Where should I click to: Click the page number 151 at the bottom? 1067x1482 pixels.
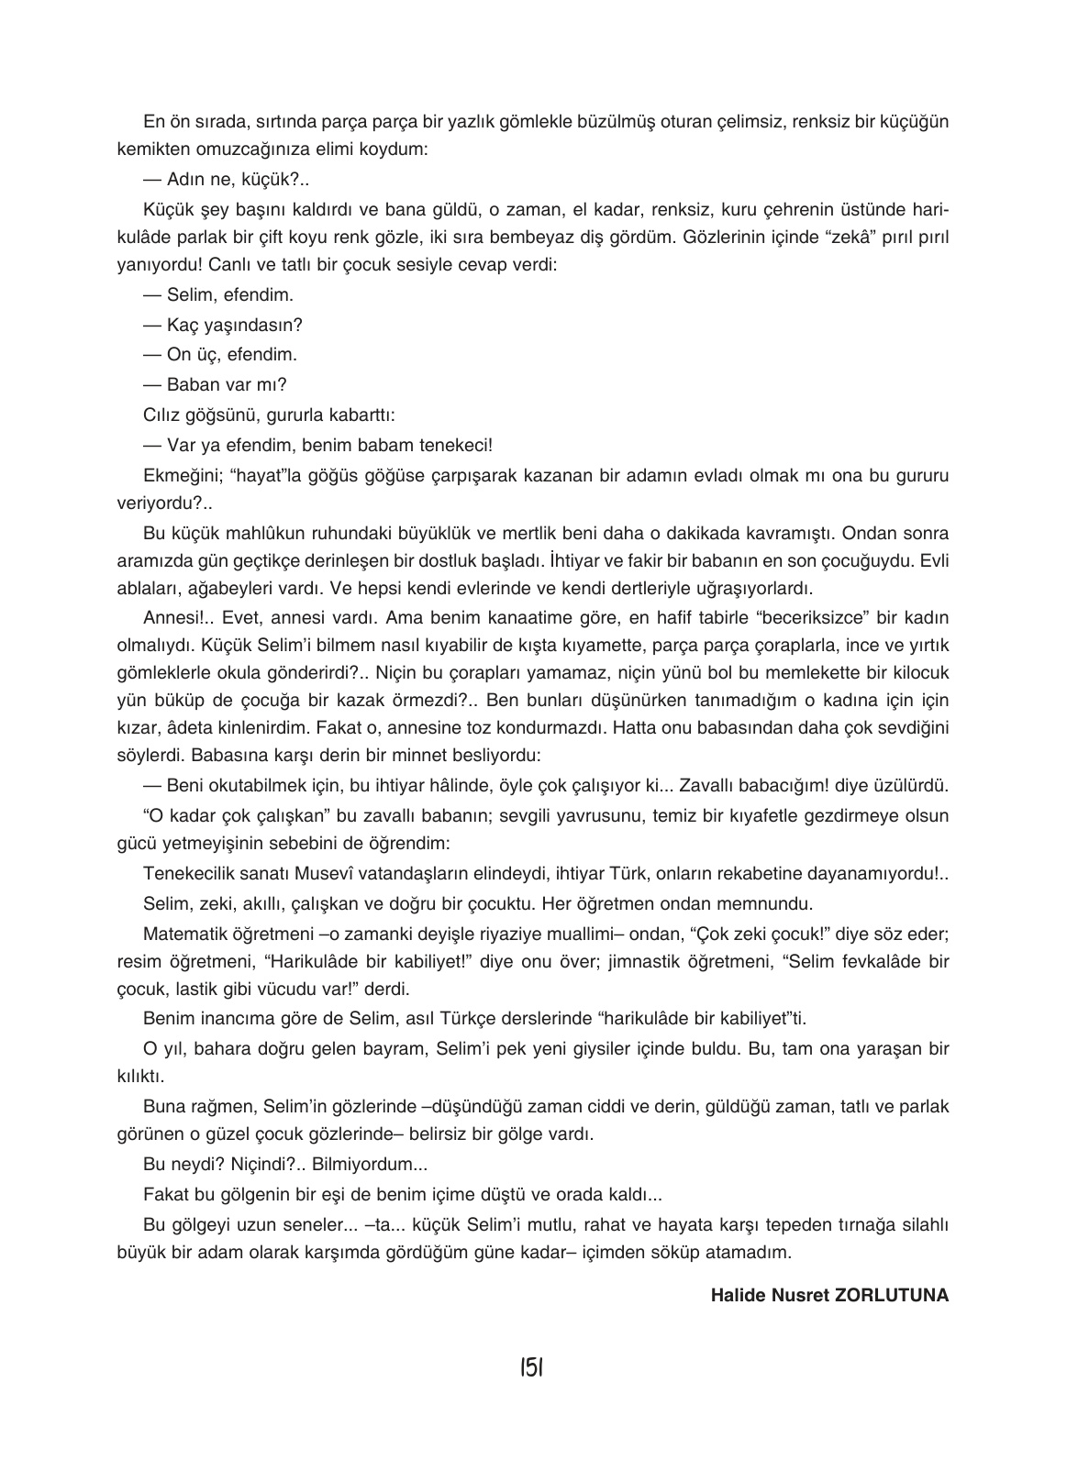(x=532, y=1368)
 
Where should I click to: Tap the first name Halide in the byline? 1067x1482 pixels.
(x=735, y=1296)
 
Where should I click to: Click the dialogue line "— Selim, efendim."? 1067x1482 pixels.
(x=218, y=295)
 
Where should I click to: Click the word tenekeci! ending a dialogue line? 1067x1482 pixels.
(x=459, y=445)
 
